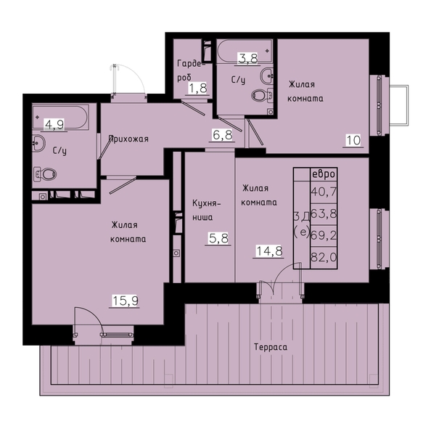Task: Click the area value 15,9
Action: pyautogui.click(x=126, y=301)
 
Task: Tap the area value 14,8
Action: pyautogui.click(x=269, y=250)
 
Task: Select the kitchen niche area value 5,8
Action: pyautogui.click(x=218, y=238)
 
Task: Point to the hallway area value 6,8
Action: pyautogui.click(x=222, y=135)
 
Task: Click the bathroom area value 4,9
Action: pyautogui.click(x=54, y=125)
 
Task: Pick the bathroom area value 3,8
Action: pyautogui.click(x=247, y=59)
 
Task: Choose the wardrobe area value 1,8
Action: pyautogui.click(x=197, y=89)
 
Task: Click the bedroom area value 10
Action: pyautogui.click(x=353, y=140)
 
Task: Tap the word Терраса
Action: pyautogui.click(x=271, y=347)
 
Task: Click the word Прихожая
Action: pyautogui.click(x=128, y=139)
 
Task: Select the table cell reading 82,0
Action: pyautogui.click(x=324, y=258)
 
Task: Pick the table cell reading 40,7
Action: pyautogui.click(x=324, y=192)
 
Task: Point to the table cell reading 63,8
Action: pyautogui.click(x=324, y=213)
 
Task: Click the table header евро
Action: pyautogui.click(x=324, y=174)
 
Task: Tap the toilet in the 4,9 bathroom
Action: pyautogui.click(x=45, y=174)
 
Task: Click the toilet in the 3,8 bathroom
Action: pyautogui.click(x=262, y=95)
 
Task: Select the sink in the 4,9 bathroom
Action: pyautogui.click(x=38, y=143)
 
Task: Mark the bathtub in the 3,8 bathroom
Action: pyautogui.click(x=245, y=52)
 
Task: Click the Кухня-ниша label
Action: pyautogui.click(x=207, y=211)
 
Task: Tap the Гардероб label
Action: pyautogui.click(x=192, y=70)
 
